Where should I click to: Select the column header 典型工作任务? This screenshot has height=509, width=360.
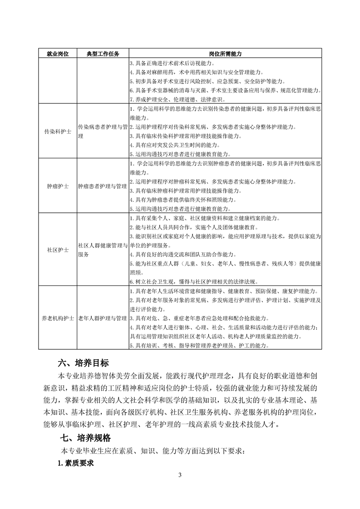coord(103,54)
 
